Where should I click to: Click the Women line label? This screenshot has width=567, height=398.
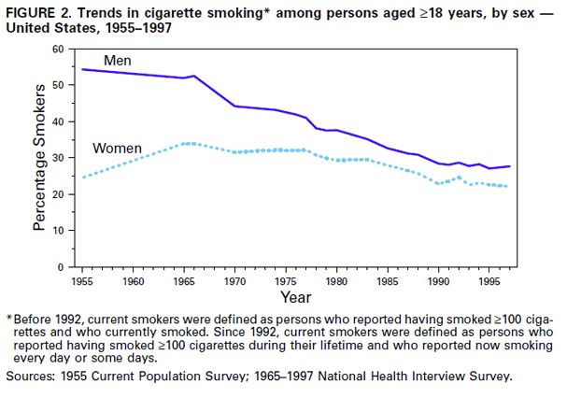click(117, 149)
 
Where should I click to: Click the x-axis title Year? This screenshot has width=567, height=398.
click(296, 298)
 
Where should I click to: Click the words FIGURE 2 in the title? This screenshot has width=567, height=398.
click(41, 11)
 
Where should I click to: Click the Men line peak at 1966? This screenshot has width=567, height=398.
click(193, 76)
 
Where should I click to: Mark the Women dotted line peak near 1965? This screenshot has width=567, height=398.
click(187, 143)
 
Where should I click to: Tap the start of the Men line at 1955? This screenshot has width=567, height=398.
click(83, 69)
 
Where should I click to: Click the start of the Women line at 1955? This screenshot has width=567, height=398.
click(83, 178)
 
